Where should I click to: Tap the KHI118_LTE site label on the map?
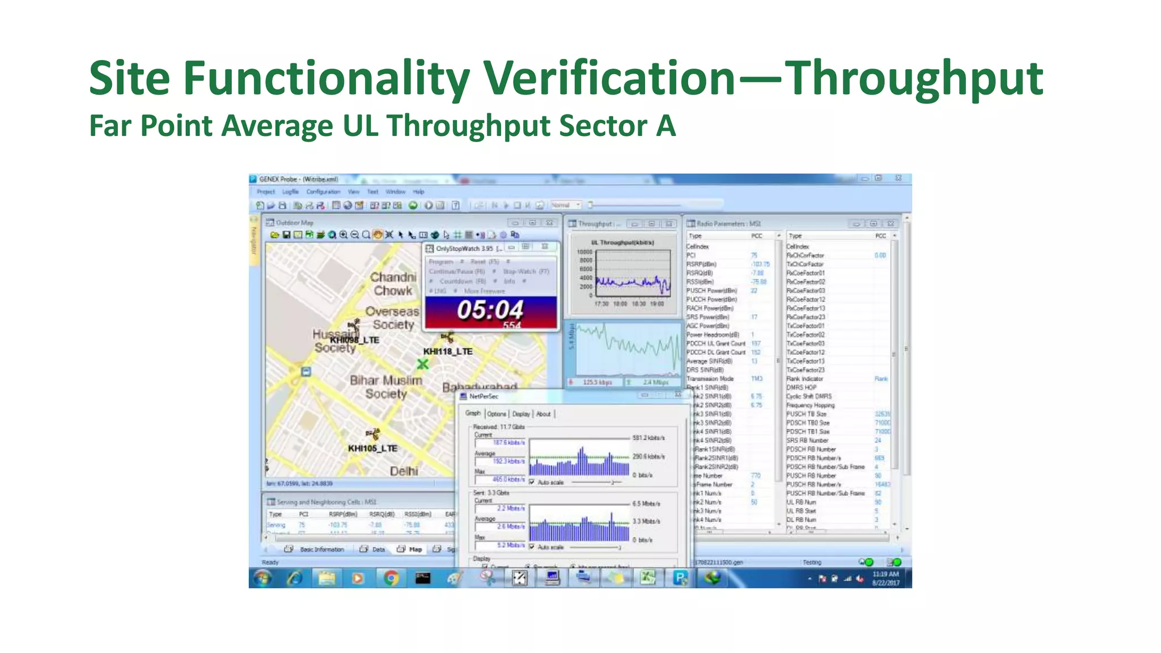(447, 351)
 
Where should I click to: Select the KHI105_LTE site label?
(372, 448)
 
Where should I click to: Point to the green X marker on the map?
(422, 364)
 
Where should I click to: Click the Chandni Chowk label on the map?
(393, 283)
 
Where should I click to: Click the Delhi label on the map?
(404, 471)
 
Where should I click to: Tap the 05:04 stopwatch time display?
(490, 310)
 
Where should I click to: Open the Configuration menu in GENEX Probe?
(323, 192)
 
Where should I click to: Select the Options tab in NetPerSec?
(496, 414)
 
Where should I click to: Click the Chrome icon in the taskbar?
(391, 578)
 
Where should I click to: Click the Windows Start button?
(262, 578)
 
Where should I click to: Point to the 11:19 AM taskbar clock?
(885, 574)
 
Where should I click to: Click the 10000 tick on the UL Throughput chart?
(584, 252)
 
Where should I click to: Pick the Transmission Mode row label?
(710, 379)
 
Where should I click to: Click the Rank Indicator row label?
(804, 379)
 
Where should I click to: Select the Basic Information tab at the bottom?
(321, 549)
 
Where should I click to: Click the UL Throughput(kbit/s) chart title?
(622, 243)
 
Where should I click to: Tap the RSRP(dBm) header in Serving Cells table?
(342, 514)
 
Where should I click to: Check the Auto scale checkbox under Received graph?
(532, 482)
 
